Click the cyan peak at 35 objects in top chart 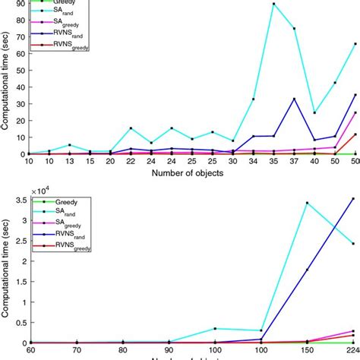pyautogui.click(x=273, y=4)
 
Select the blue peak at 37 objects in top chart pyautogui.click(x=294, y=99)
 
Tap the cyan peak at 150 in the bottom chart pyautogui.click(x=307, y=203)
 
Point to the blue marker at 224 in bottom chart pyautogui.click(x=352, y=198)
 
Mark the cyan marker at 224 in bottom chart pyautogui.click(x=352, y=244)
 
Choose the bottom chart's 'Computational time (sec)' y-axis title pyautogui.click(x=7, y=267)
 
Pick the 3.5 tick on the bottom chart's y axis pyautogui.click(x=17, y=200)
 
